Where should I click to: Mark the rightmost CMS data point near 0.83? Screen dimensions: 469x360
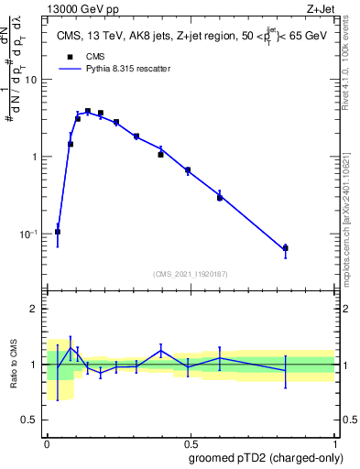coord(286,248)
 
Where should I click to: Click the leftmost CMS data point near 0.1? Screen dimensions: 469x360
coord(58,232)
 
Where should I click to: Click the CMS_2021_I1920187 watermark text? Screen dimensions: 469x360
coord(190,274)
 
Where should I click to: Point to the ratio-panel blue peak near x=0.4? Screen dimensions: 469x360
coord(161,350)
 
